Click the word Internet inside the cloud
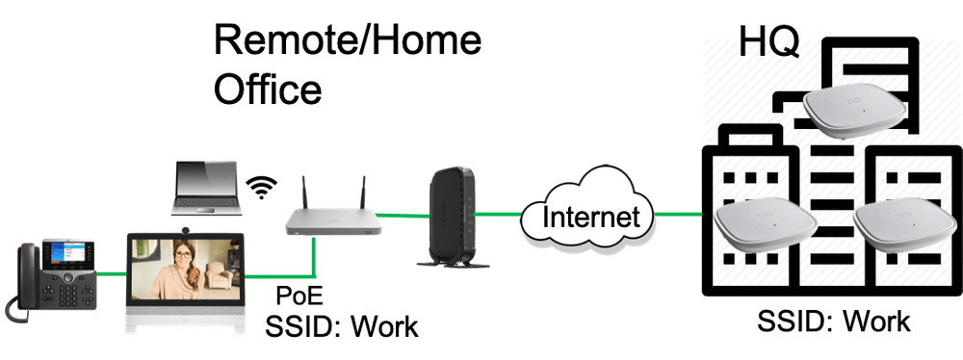click(x=588, y=216)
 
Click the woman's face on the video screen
click(x=181, y=259)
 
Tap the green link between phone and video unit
click(x=112, y=275)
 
